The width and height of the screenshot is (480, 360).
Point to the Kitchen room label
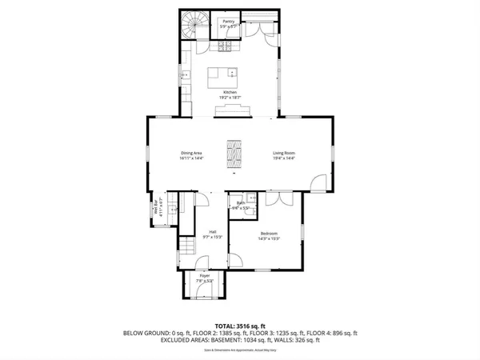pyautogui.click(x=230, y=92)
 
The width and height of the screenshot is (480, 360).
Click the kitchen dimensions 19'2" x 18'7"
pyautogui.click(x=230, y=98)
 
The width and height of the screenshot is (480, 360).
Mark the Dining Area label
pyautogui.click(x=191, y=153)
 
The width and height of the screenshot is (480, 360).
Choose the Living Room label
pyautogui.click(x=284, y=153)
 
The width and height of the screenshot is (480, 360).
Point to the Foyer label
pyautogui.click(x=205, y=276)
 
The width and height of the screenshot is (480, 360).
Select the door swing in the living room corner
pyautogui.click(x=318, y=182)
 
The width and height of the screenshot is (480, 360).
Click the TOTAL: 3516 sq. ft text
pyautogui.click(x=239, y=326)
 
